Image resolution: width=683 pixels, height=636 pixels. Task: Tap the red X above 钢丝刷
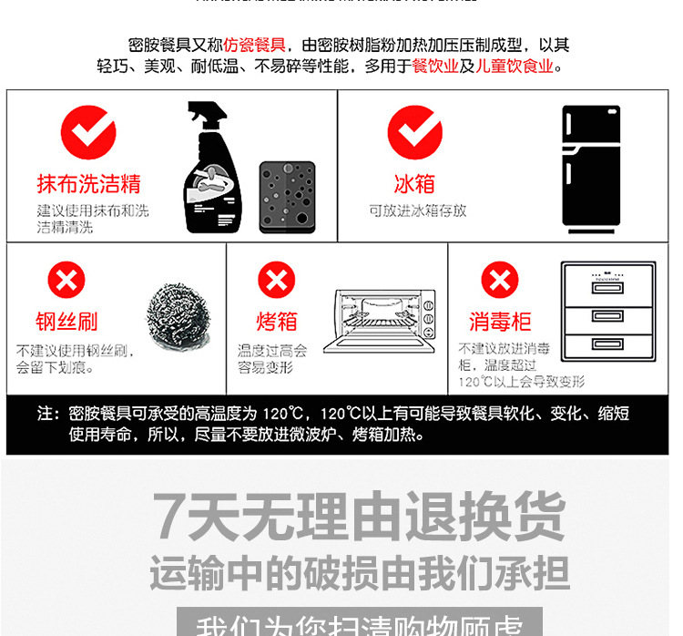click(x=66, y=280)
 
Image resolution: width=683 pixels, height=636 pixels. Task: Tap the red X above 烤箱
click(x=276, y=280)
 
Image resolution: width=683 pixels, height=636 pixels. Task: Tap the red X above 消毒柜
click(x=499, y=280)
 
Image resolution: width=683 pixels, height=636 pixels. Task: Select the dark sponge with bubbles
click(x=287, y=198)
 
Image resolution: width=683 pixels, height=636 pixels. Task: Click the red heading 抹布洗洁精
click(x=88, y=185)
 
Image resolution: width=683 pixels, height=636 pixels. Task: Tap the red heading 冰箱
click(x=414, y=185)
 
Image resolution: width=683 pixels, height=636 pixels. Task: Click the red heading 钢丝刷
click(x=66, y=323)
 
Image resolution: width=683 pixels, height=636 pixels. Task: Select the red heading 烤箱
click(x=276, y=323)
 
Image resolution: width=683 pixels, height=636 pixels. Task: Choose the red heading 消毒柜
click(x=500, y=323)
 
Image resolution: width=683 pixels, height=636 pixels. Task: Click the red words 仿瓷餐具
click(x=254, y=45)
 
